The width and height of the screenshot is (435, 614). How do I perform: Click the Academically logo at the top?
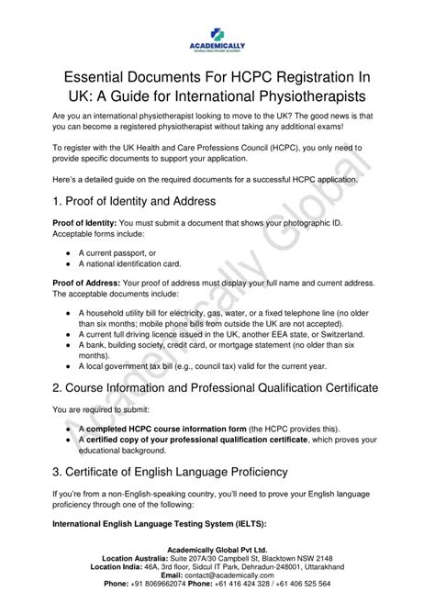coord(217,28)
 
